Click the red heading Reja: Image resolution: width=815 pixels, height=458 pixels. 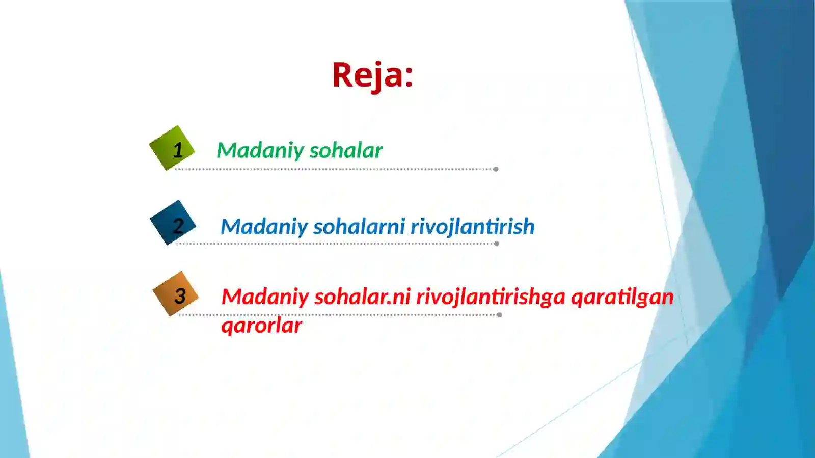[372, 75]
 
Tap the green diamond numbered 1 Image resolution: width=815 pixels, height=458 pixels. [172, 148]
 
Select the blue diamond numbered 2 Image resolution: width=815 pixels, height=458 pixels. [173, 223]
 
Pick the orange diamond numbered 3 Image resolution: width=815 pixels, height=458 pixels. [175, 294]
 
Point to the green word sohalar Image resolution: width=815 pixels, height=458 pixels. [346, 151]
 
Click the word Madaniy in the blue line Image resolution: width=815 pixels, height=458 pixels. [263, 227]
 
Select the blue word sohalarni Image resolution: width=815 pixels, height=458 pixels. [359, 227]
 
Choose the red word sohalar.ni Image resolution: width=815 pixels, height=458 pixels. [362, 297]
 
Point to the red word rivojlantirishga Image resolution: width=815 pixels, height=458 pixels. [491, 297]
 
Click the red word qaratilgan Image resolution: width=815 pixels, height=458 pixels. [622, 297]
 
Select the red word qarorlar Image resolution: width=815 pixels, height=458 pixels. [261, 326]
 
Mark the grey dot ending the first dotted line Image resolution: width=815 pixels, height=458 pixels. [496, 169]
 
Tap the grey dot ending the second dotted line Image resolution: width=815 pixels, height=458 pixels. [496, 244]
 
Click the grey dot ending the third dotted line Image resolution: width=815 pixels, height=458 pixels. [499, 315]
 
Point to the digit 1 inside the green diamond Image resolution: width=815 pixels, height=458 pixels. [177, 150]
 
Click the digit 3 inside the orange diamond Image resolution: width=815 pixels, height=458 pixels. [180, 295]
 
